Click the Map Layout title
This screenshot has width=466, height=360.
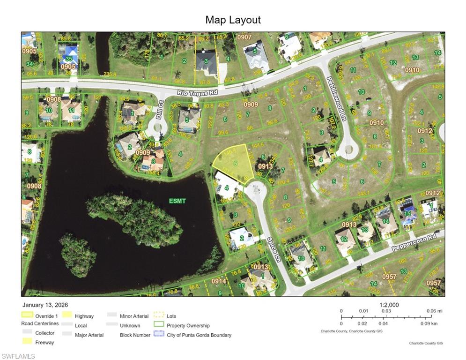click(233, 20)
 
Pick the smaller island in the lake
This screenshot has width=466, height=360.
click(78, 255)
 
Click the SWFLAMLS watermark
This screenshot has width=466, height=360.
click(18, 356)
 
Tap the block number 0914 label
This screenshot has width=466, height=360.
click(218, 281)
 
